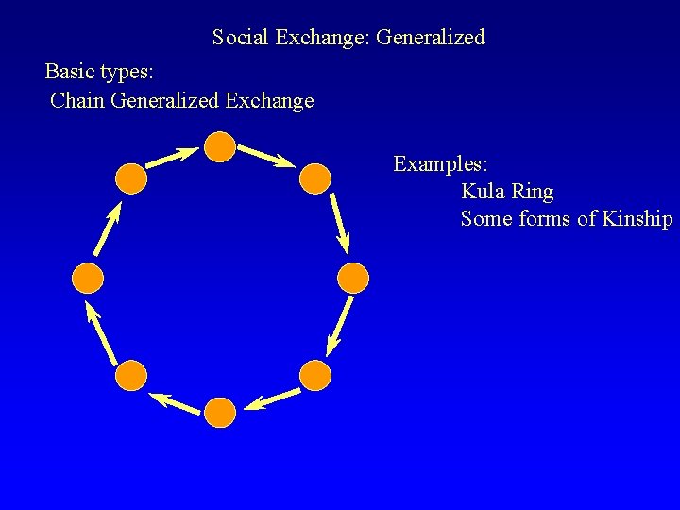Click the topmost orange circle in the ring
[x=220, y=147]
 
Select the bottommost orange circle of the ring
[x=219, y=412]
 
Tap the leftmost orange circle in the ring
[x=88, y=277]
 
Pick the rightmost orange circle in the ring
[x=352, y=277]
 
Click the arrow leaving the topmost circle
[x=265, y=156]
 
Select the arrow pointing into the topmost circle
[x=172, y=157]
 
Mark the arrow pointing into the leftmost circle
[x=101, y=331]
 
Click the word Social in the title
[x=240, y=38]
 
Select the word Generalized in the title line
[x=431, y=38]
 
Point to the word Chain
[x=77, y=100]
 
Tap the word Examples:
[x=440, y=164]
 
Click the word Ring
[x=533, y=192]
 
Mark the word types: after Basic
[x=127, y=72]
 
